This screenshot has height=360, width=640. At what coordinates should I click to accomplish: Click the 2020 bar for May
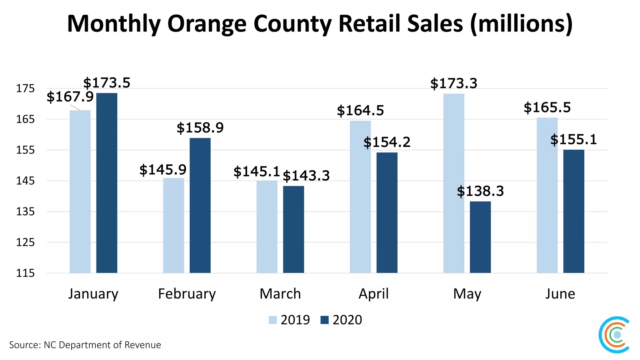pos(480,237)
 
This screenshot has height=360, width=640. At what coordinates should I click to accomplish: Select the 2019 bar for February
pos(173,225)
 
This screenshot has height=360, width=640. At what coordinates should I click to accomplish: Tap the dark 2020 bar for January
pos(107,183)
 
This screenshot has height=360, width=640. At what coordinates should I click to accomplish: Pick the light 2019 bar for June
pos(547,195)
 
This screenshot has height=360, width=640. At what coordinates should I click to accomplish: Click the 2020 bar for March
pos(293,229)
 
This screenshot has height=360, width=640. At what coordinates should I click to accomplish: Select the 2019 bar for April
pos(360,197)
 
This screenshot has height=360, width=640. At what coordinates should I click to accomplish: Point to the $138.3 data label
pos(480,191)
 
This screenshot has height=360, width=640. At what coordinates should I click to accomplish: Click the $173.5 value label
pos(107,83)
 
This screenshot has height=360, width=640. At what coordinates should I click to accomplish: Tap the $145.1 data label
pos(257,172)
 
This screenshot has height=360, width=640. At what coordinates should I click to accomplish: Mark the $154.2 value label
pos(387,142)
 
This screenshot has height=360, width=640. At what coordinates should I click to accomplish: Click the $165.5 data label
pos(547,108)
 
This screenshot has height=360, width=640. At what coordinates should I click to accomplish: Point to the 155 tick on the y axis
pos(25,150)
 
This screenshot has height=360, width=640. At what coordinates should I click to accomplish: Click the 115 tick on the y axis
pos(25,273)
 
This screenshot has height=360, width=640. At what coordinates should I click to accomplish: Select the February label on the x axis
pos(187,294)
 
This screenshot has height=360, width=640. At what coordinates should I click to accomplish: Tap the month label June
pos(560,294)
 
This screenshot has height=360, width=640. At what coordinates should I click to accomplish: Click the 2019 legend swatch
pos(272,320)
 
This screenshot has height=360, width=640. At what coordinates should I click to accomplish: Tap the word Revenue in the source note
pos(142,345)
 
